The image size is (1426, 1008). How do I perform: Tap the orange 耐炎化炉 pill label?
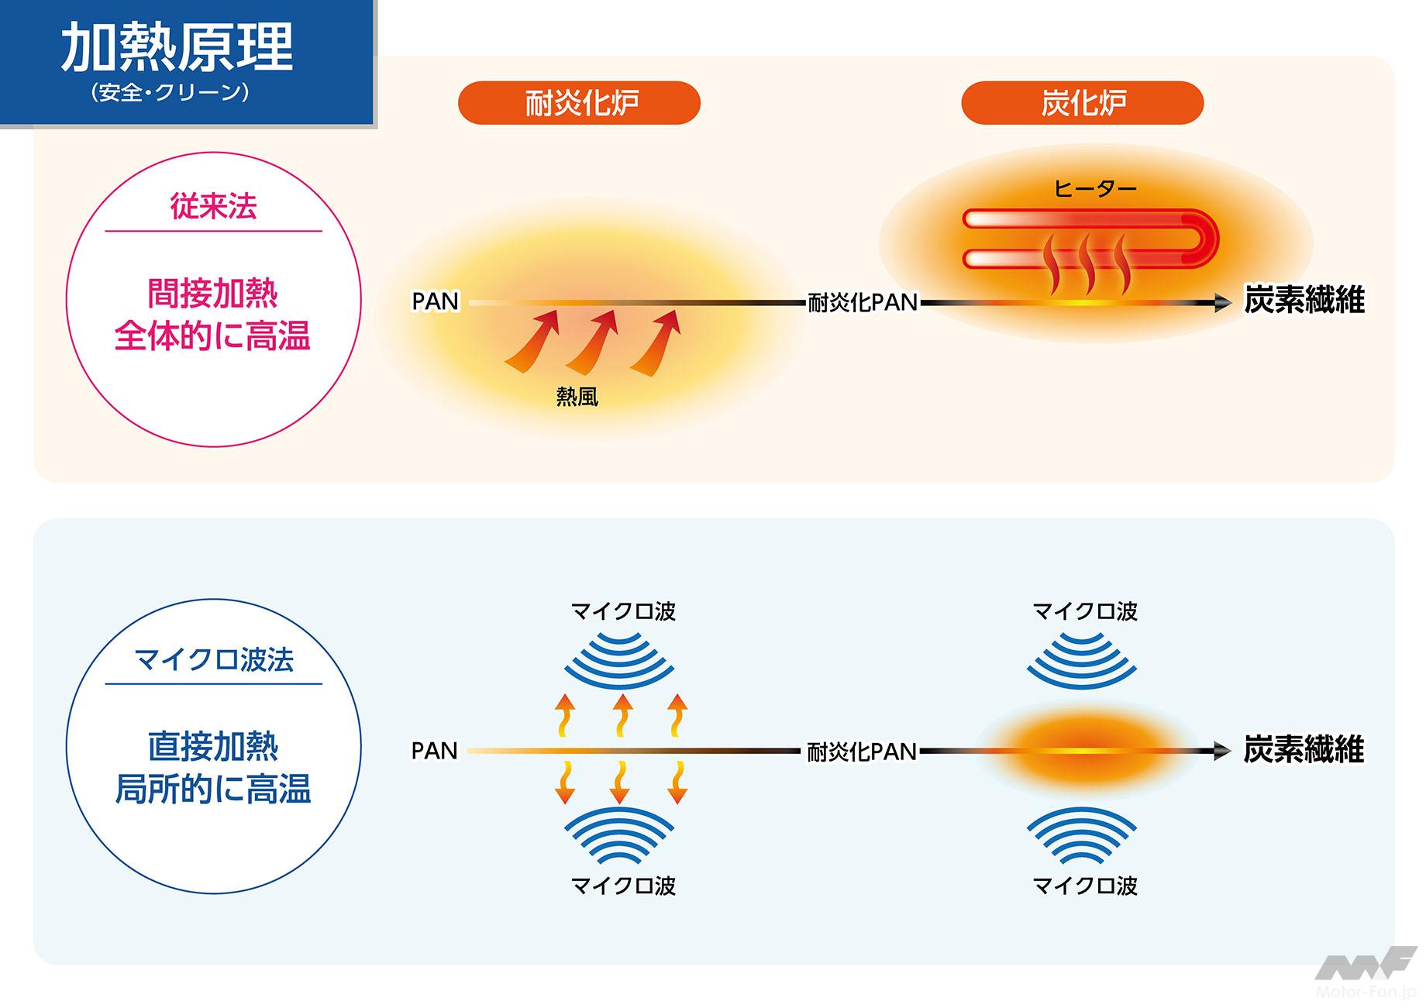580,103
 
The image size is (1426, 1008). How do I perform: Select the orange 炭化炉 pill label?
1082,103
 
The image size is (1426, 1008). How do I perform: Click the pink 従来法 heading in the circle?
213,206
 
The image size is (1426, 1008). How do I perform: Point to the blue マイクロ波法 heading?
214,659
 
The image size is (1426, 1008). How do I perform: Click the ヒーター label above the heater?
1094,188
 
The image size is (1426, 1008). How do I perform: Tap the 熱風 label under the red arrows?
577,397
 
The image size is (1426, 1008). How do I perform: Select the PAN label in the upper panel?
435,301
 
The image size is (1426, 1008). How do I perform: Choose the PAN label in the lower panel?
435,751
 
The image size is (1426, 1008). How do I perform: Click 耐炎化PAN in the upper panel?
863,302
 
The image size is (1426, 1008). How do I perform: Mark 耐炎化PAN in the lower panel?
862,752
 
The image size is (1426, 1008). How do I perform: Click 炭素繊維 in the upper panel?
1304,301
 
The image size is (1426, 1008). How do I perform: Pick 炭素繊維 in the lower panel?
1304,750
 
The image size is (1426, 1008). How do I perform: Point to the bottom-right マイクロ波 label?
1085,886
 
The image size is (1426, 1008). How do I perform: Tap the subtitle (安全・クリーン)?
170,93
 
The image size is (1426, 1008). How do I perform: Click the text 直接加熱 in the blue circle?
213,746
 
